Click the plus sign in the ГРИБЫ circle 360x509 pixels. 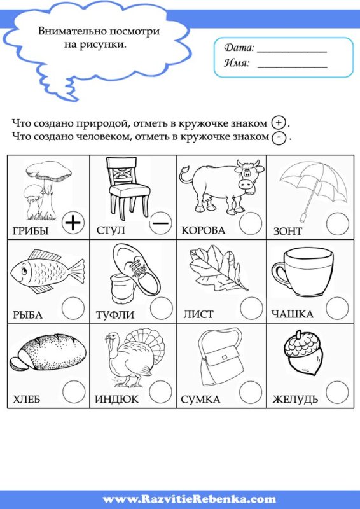tap(74, 222)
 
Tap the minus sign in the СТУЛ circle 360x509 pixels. tap(161, 223)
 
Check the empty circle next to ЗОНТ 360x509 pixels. tap(337, 223)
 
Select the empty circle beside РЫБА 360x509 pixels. tap(74, 308)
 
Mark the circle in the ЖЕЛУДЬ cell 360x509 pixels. tap(337, 392)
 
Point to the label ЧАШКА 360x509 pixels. tap(293, 314)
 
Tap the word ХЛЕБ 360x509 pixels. tap(27, 400)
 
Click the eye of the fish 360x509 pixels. tap(22, 272)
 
